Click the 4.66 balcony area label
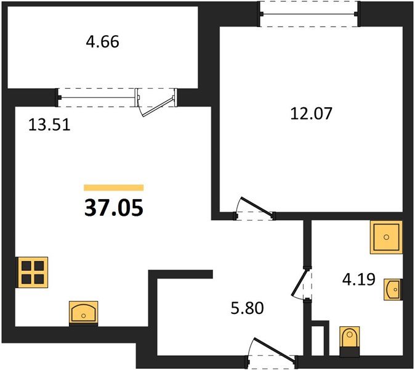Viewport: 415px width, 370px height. [x=102, y=42]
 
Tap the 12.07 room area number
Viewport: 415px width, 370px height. [x=311, y=113]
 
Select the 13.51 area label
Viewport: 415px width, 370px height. [x=49, y=125]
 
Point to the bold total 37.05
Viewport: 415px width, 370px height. [x=114, y=208]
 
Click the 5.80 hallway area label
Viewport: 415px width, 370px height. [x=247, y=308]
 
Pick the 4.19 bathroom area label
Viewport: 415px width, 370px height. [x=358, y=279]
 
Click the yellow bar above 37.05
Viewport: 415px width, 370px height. [x=114, y=187]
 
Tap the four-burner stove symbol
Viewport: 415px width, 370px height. [x=32, y=272]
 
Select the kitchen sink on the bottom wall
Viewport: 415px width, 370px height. [x=83, y=313]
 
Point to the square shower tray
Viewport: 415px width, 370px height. [x=386, y=237]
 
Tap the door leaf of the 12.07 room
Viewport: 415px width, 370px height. [x=257, y=206]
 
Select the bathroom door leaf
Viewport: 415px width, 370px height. [x=300, y=282]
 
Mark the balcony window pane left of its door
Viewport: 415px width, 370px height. [x=97, y=97]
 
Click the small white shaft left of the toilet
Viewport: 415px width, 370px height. [x=318, y=340]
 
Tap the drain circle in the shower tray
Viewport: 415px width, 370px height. [x=387, y=237]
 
